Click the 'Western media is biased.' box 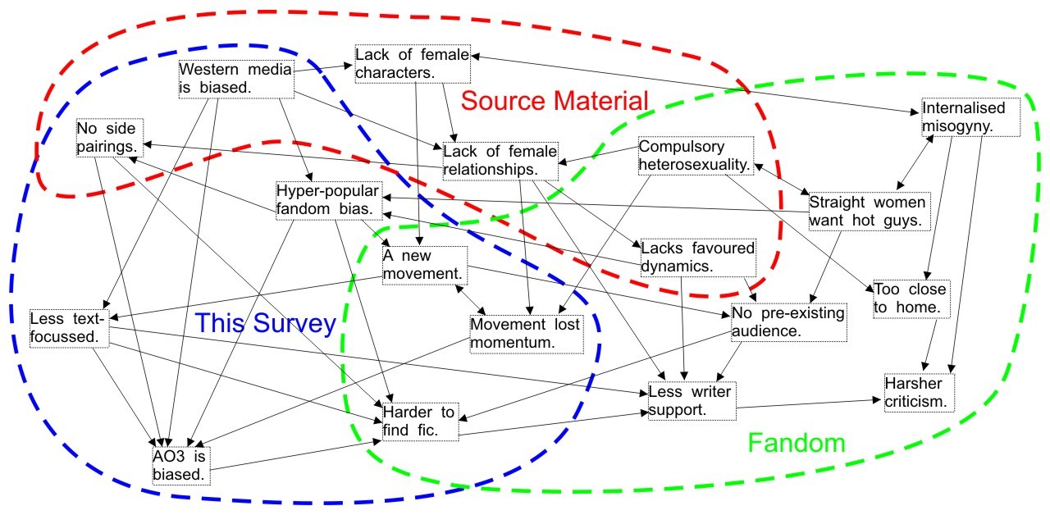tap(235, 78)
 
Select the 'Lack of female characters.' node tap(412, 64)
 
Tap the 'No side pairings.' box tap(110, 138)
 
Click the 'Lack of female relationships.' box tap(500, 159)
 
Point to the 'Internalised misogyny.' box tap(970, 117)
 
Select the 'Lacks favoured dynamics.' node tap(697, 257)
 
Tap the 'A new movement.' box tap(425, 264)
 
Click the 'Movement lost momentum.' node tap(525, 333)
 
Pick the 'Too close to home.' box tap(910, 299)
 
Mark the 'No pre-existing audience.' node tap(788, 322)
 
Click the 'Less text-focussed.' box tap(70, 326)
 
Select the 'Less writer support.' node tap(690, 400)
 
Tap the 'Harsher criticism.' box tap(919, 393)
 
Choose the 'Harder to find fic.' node tap(418, 420)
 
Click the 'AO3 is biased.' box tap(180, 464)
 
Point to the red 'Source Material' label tap(555, 101)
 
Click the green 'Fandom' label tap(796, 444)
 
